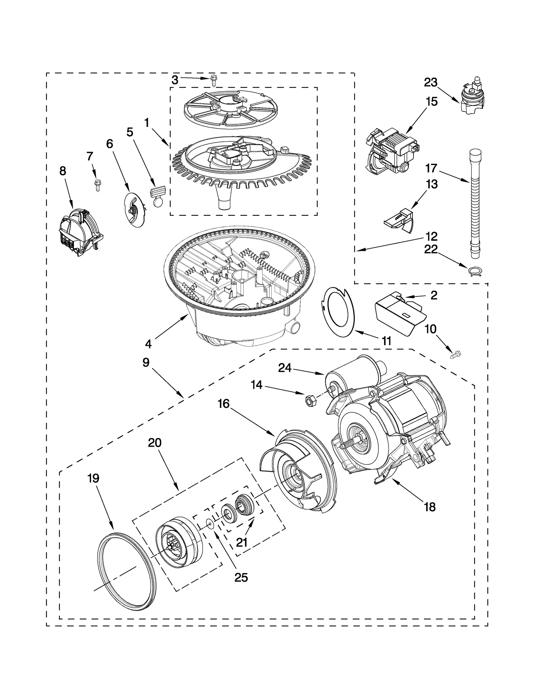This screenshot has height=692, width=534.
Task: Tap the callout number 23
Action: tap(431, 82)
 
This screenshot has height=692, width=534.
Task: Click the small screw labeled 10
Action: tap(455, 354)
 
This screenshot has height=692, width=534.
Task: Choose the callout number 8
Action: tap(62, 171)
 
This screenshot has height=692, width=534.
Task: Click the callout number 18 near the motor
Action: tap(430, 507)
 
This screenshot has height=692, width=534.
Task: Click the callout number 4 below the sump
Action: tap(148, 344)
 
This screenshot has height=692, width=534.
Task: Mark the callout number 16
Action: tap(224, 404)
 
